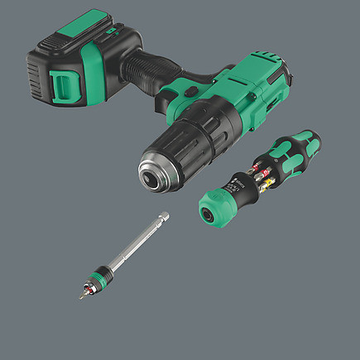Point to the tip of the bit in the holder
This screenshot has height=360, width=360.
click(x=82, y=296)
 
